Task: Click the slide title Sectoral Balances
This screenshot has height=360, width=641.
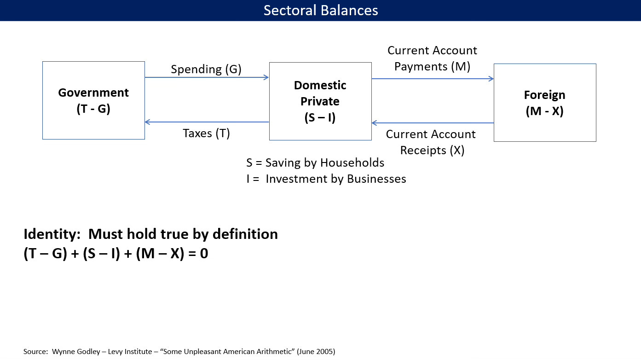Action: [x=321, y=10]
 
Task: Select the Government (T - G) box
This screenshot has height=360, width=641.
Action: [x=93, y=100]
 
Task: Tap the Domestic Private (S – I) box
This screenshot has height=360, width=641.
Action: [x=320, y=101]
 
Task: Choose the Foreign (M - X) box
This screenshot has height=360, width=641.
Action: [x=544, y=103]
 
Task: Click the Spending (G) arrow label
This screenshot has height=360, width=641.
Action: [x=206, y=69]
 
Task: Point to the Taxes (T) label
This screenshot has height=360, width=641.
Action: [x=206, y=133]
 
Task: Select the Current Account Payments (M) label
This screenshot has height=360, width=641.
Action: [x=432, y=58]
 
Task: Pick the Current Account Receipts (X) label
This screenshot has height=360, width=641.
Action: [x=431, y=142]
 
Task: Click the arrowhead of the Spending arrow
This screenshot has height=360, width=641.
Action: [x=266, y=77]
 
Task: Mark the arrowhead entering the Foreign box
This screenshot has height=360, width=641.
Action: [x=491, y=79]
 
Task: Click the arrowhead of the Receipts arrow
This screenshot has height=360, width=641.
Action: [x=375, y=123]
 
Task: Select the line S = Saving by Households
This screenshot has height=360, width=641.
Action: [x=315, y=163]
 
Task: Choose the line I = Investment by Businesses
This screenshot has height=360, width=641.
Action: [x=326, y=179]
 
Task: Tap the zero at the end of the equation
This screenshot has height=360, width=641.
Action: [x=204, y=253]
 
